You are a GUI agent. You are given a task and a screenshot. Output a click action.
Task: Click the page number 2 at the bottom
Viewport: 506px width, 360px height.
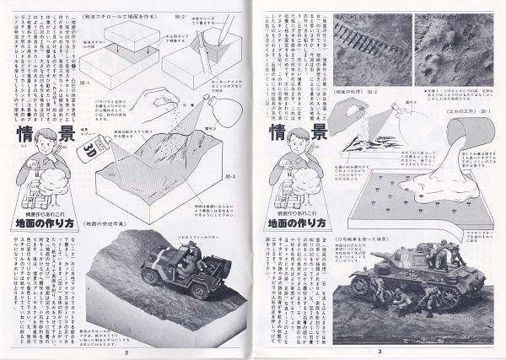click(126, 352)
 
